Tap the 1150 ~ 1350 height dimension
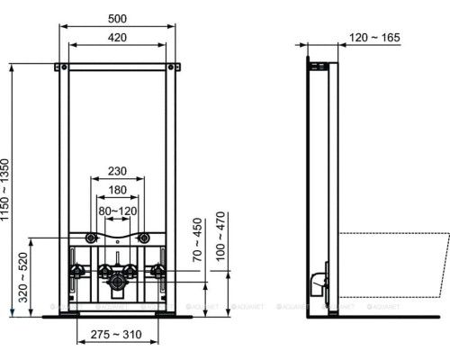8,190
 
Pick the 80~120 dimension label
118,211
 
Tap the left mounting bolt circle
90,238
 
